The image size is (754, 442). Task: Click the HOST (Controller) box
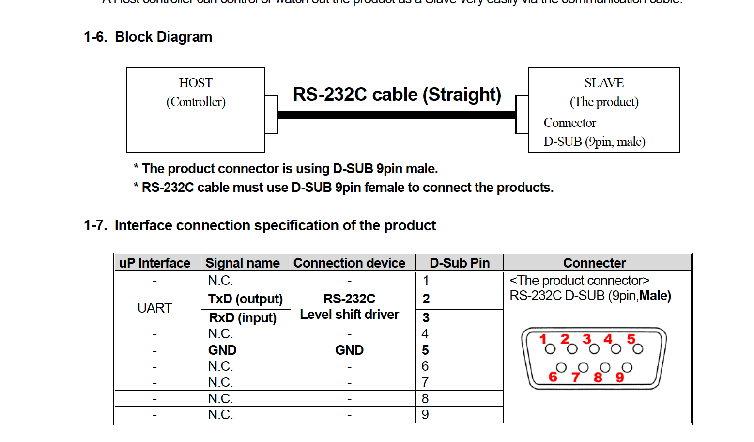point(196,110)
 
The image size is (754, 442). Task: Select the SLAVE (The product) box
point(604,110)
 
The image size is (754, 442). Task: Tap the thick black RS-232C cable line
point(396,115)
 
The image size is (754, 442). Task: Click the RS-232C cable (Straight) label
point(397,94)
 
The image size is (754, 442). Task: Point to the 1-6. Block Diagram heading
point(148,37)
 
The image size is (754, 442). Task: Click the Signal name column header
point(243,263)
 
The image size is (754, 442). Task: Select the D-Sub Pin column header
point(460,263)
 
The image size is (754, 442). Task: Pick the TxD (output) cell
point(246,299)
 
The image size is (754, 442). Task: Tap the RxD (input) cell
point(243,317)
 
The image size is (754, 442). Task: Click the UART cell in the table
point(154,308)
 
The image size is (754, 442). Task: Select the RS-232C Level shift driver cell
point(349,307)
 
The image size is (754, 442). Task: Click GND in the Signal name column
point(222,350)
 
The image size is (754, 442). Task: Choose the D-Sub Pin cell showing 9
point(425,415)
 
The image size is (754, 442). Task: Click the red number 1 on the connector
point(543,339)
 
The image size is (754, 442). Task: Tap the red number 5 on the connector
point(631,339)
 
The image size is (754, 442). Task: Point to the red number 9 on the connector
point(620,377)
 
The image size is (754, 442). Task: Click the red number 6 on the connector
point(553,377)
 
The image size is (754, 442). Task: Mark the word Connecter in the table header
point(594,263)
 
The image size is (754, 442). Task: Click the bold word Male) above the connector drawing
point(655,296)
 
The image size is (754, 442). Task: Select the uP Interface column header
point(154,263)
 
